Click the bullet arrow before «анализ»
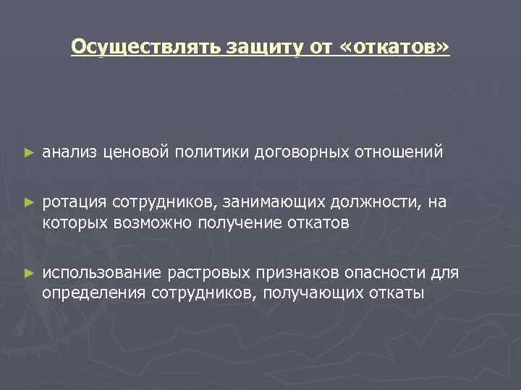tap(29, 153)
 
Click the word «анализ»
tap(70, 153)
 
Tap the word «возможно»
tap(149, 223)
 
